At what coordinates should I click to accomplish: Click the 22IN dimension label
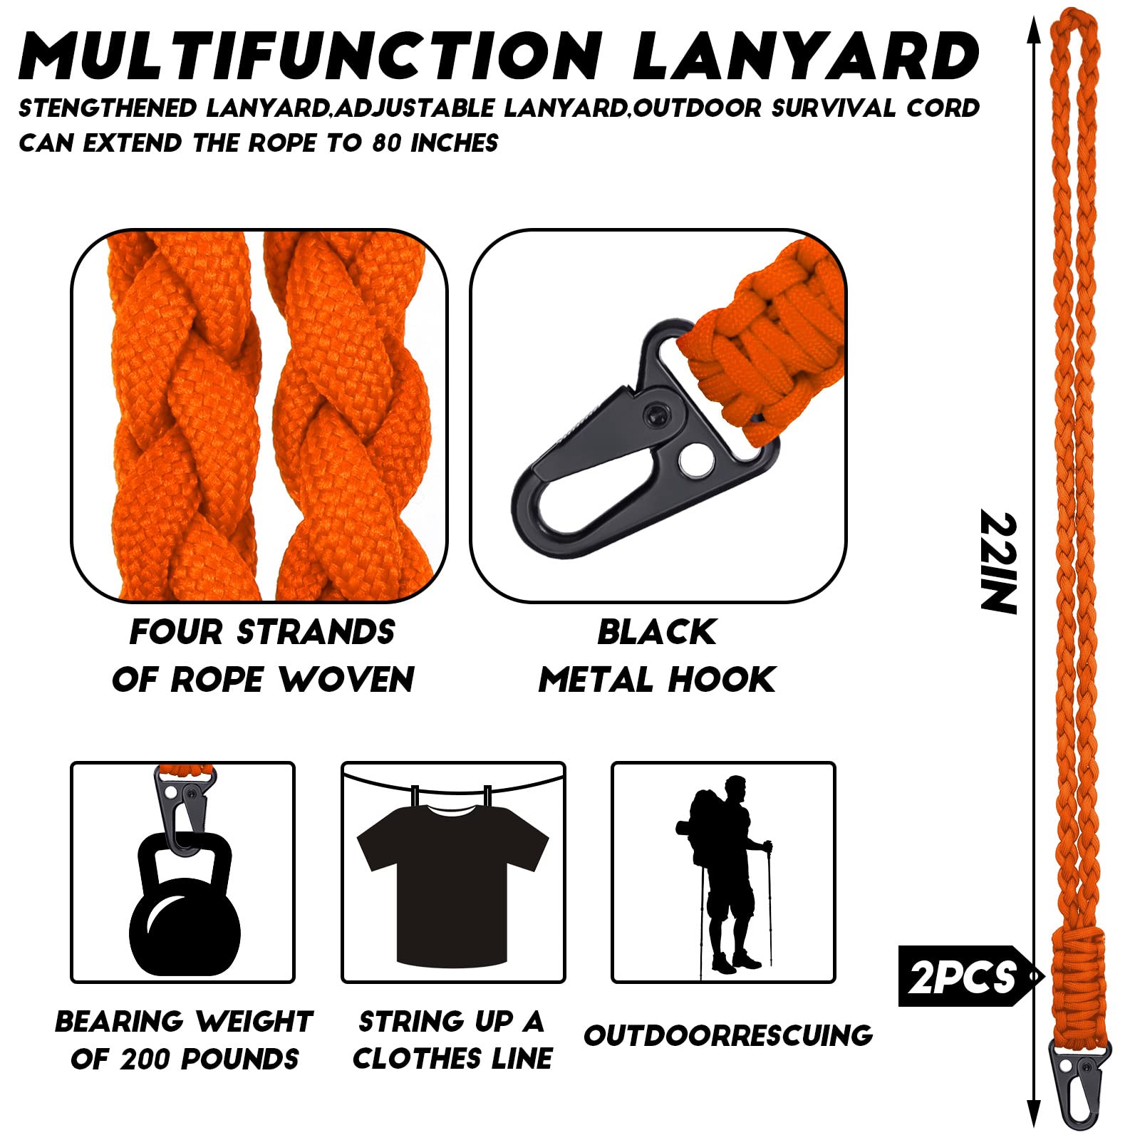point(999,562)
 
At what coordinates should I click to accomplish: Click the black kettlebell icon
point(185,903)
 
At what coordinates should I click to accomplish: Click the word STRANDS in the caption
point(316,632)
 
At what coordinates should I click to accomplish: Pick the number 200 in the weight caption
point(146,1059)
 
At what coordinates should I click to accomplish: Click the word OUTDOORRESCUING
point(728,1035)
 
